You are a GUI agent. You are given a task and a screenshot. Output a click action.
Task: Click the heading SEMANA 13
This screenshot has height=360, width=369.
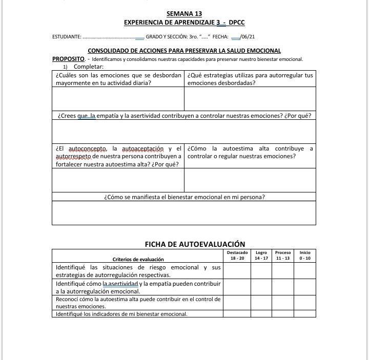click(184, 14)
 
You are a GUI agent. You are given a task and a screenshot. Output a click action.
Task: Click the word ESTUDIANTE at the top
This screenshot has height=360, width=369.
click(67, 37)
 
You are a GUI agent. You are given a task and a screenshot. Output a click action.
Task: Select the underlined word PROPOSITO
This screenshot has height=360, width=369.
click(68, 59)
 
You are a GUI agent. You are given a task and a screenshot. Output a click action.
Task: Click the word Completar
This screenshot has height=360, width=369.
click(89, 67)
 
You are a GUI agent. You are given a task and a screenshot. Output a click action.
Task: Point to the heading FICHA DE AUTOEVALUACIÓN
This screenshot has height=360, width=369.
click(195, 244)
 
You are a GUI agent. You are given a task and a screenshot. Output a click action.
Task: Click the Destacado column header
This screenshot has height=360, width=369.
click(237, 255)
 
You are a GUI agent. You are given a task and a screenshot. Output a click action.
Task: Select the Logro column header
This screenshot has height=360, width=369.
click(261, 255)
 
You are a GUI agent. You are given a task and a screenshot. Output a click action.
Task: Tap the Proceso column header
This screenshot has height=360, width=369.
click(283, 255)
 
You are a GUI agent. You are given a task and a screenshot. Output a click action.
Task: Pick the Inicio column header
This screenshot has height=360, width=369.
click(305, 255)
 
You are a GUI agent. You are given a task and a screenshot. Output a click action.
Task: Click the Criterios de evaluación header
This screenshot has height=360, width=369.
click(138, 259)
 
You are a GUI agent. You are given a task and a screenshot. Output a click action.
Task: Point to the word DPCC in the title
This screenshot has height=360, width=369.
click(237, 23)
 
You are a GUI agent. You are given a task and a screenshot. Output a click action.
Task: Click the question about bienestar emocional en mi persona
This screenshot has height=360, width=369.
click(184, 197)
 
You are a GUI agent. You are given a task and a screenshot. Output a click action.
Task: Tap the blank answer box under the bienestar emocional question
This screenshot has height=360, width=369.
click(184, 213)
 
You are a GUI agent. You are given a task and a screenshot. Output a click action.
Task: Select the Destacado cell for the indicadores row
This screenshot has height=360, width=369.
click(237, 314)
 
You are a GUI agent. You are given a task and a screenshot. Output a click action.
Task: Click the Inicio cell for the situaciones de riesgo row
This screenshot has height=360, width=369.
click(305, 271)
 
